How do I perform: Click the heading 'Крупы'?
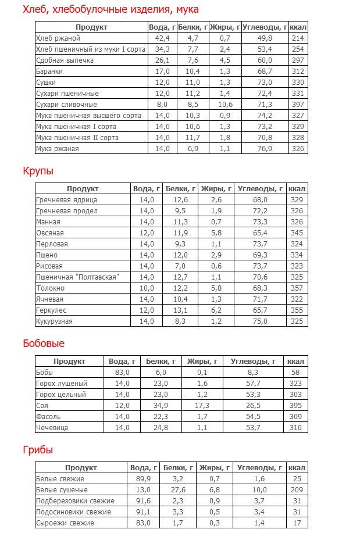point(38,171)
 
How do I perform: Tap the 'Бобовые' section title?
point(44,344)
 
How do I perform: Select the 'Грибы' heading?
point(38,450)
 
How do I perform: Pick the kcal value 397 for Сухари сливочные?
point(298,105)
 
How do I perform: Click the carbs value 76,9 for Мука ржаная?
point(265,149)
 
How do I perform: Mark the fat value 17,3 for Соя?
point(202,405)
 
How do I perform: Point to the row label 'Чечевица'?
point(52,427)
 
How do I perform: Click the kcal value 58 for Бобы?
point(296,372)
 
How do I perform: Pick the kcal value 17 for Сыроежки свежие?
point(297,523)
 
